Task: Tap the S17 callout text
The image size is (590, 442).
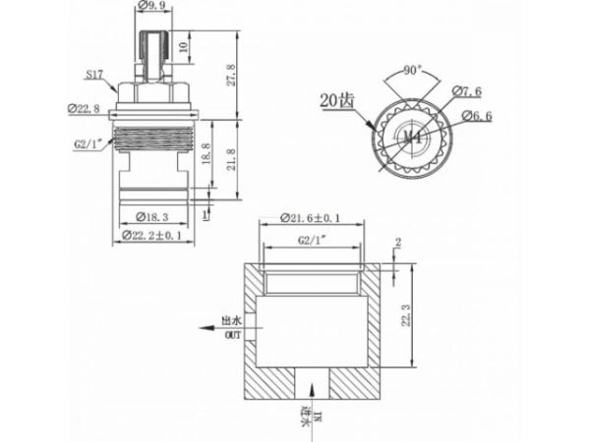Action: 94,74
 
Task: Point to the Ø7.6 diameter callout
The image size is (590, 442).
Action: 466,92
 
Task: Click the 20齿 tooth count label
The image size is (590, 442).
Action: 334,99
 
